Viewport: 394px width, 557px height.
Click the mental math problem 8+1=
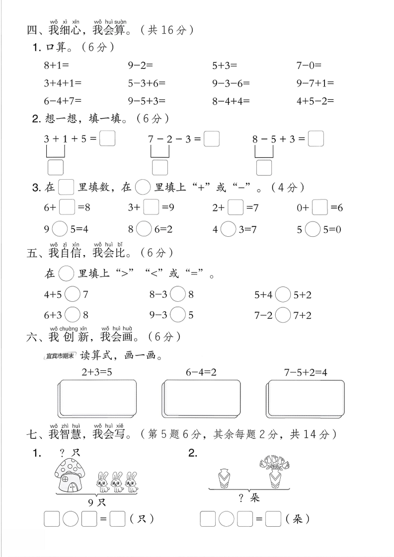pyautogui.click(x=56, y=65)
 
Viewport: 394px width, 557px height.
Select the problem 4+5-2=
pyautogui.click(x=315, y=101)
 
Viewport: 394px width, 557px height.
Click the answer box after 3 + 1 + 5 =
pyautogui.click(x=107, y=139)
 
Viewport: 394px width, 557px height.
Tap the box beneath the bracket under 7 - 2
pyautogui.click(x=160, y=167)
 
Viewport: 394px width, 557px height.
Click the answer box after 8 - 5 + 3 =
pyautogui.click(x=316, y=139)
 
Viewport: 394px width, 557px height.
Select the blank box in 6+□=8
pyautogui.click(x=67, y=207)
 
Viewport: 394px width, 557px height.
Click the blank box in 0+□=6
pyautogui.click(x=320, y=207)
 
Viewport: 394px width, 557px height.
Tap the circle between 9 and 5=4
pyautogui.click(x=60, y=229)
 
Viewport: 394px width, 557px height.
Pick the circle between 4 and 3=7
pyautogui.click(x=229, y=229)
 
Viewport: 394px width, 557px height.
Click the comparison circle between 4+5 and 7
pyautogui.click(x=73, y=295)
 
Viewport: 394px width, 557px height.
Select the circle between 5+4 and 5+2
pyautogui.click(x=283, y=295)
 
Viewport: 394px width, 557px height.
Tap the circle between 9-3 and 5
pyautogui.click(x=178, y=315)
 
